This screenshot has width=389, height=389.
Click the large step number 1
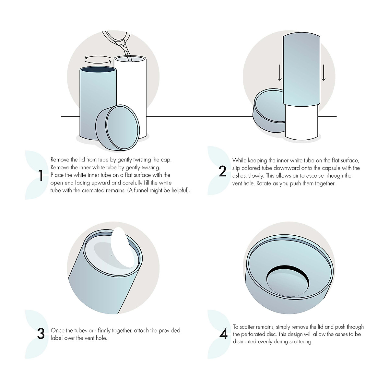click(x=41, y=175)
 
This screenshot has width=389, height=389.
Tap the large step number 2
click(x=222, y=171)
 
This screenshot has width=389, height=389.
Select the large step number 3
click(x=41, y=334)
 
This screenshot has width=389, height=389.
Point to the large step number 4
click(x=223, y=334)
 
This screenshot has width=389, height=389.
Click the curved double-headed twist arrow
click(x=98, y=59)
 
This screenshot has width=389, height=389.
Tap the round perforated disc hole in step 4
click(x=287, y=280)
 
